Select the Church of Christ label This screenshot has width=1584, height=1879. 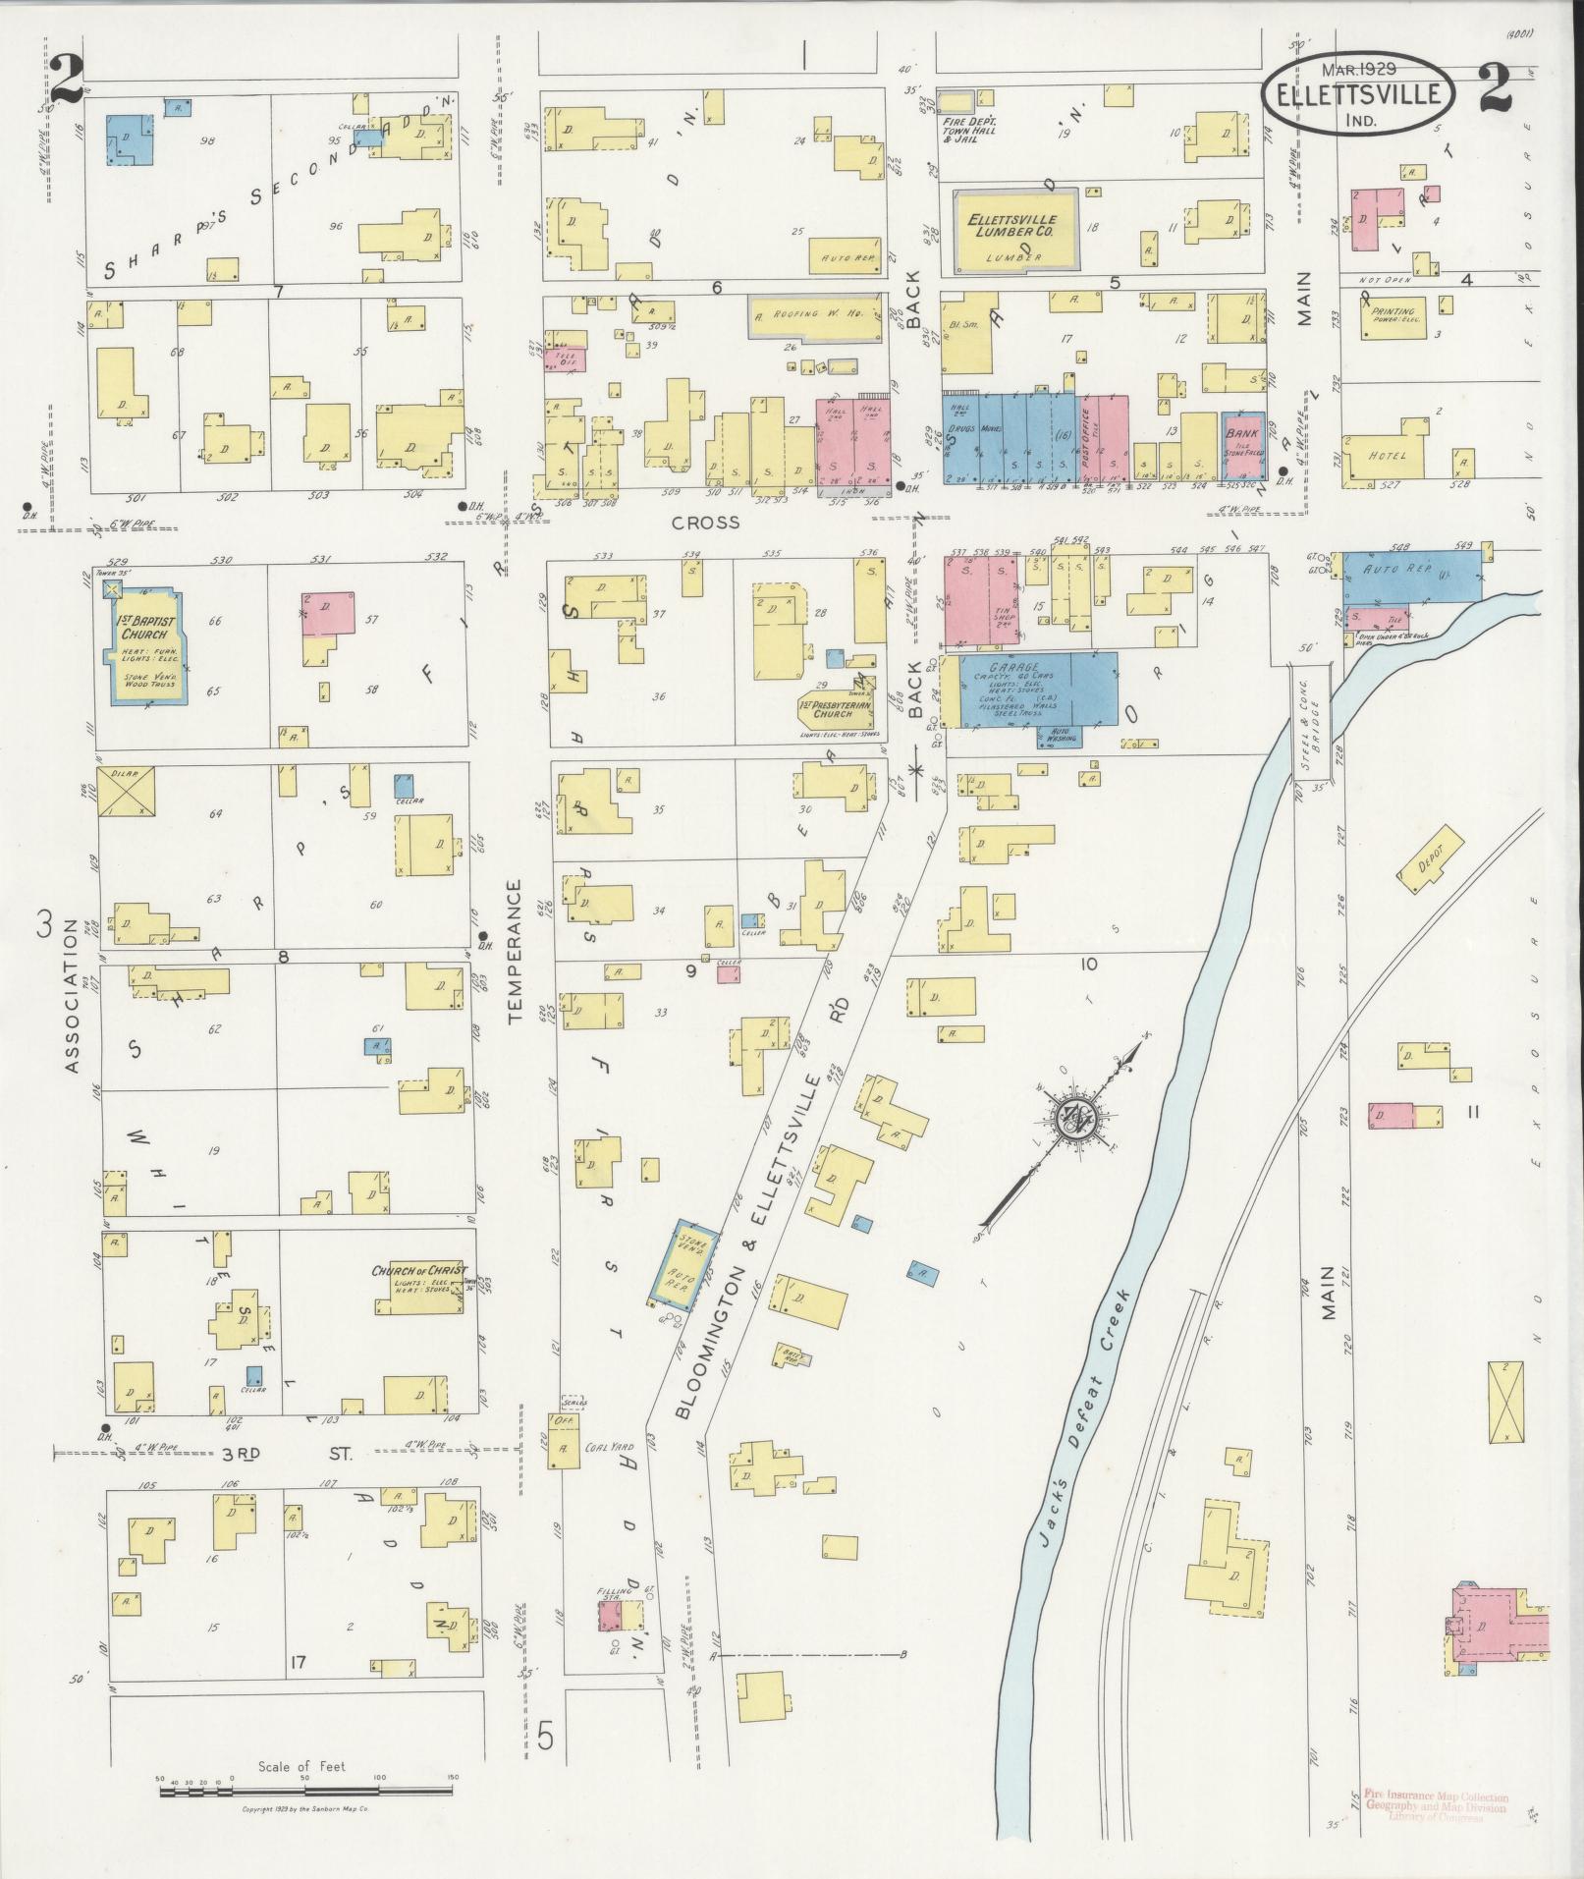click(x=418, y=1271)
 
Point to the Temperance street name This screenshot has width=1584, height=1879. click(x=515, y=952)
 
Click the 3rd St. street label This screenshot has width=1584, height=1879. click(x=286, y=1452)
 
